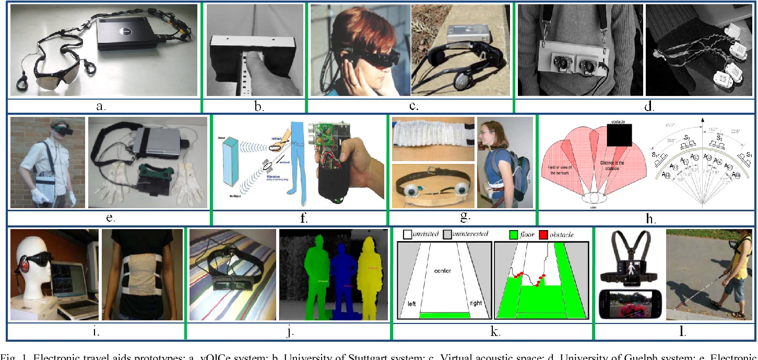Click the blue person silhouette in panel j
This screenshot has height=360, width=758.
[342, 282]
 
